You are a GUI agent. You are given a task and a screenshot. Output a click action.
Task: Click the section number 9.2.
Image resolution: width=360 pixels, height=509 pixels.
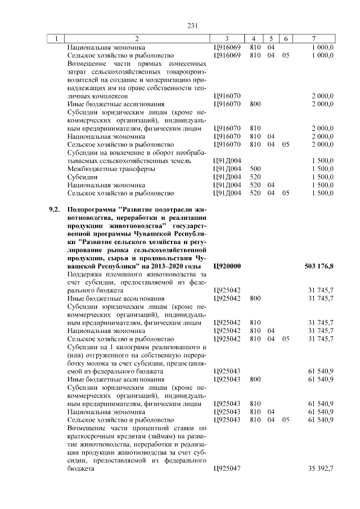pyautogui.click(x=54, y=210)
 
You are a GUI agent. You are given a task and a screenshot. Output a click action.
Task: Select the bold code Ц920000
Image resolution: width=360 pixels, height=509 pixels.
pyautogui.click(x=228, y=266)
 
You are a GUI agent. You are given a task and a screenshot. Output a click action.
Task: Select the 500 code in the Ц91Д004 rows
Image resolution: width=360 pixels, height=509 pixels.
pyautogui.click(x=255, y=169)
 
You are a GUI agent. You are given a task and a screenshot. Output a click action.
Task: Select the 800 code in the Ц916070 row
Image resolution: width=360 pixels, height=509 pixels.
pyautogui.click(x=255, y=104)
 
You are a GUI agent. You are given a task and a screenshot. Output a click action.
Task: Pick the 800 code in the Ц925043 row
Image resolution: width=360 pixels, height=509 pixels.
pyautogui.click(x=255, y=380)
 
